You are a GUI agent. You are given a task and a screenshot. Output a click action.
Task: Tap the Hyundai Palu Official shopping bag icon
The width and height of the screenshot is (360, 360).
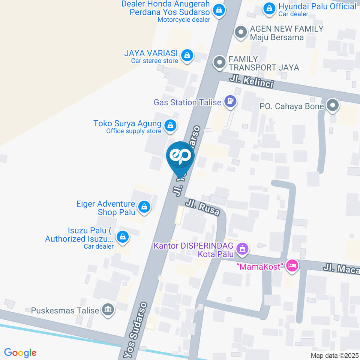click(x=269, y=9)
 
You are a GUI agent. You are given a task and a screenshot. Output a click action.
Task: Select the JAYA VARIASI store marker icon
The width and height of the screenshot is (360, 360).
click(x=186, y=55)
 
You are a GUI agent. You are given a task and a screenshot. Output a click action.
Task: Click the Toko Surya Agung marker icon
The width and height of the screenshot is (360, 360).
click(x=171, y=126)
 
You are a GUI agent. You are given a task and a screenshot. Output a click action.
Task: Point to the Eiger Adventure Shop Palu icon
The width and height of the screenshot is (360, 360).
click(x=144, y=207)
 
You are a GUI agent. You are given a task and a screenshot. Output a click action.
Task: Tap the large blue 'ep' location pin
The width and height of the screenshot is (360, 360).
click(x=180, y=157)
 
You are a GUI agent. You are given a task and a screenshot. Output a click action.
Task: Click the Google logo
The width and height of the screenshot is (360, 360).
click(x=20, y=352)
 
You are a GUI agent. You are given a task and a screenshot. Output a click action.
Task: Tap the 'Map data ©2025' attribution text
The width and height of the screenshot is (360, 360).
click(x=334, y=355)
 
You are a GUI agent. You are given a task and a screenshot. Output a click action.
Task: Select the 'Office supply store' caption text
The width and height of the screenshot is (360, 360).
click(x=133, y=131)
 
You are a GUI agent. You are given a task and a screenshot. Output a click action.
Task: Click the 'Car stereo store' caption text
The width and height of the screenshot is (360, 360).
click(x=154, y=61)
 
